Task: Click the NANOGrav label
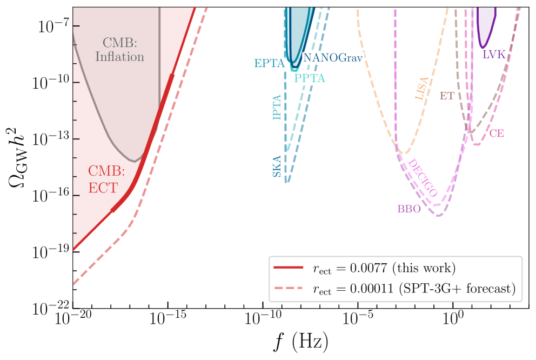coord(333,57)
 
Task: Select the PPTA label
coord(310,78)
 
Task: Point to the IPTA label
coord(277,107)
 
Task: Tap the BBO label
coord(409,209)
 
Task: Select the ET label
coord(447,96)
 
